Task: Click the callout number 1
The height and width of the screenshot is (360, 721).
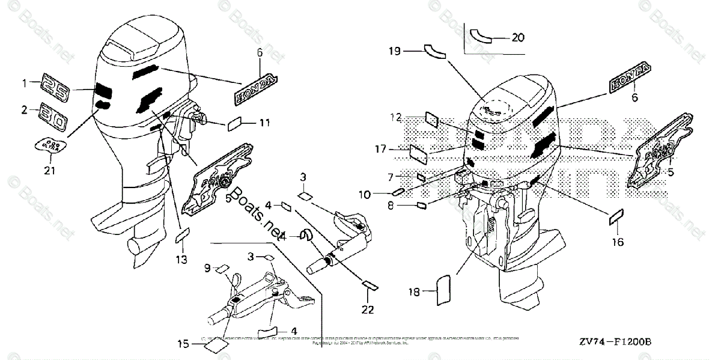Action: click(25, 82)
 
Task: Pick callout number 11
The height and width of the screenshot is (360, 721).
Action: click(265, 123)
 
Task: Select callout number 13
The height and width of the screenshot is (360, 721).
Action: click(181, 260)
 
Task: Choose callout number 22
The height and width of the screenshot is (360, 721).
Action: click(368, 310)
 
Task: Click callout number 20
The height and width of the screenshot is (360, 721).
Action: click(517, 37)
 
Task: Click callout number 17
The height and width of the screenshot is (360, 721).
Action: click(394, 148)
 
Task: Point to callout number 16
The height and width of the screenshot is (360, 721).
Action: click(618, 242)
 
